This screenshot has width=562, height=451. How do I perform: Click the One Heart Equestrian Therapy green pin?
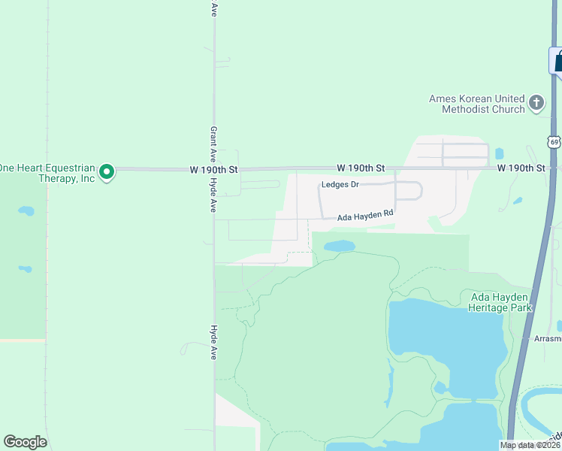[107, 173]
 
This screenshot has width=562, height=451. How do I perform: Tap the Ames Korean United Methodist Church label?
[476, 104]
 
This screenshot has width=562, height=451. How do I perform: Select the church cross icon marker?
[536, 102]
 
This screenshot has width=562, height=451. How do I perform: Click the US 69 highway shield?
[554, 141]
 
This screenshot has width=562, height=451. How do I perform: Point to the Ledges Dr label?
[340, 184]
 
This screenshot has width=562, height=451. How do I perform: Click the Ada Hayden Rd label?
[365, 216]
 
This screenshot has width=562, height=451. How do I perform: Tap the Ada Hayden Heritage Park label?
[500, 302]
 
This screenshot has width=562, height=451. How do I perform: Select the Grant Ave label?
[214, 141]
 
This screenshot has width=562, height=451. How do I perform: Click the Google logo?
[25, 442]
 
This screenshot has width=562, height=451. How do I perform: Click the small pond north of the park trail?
[339, 246]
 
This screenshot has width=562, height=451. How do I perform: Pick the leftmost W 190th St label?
[214, 171]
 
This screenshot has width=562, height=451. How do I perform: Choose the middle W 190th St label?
[361, 168]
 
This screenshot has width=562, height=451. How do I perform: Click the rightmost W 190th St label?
[521, 168]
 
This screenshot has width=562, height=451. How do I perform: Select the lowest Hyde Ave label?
[214, 342]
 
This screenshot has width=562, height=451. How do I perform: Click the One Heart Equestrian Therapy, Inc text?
[47, 173]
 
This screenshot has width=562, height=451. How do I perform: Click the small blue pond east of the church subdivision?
[500, 154]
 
